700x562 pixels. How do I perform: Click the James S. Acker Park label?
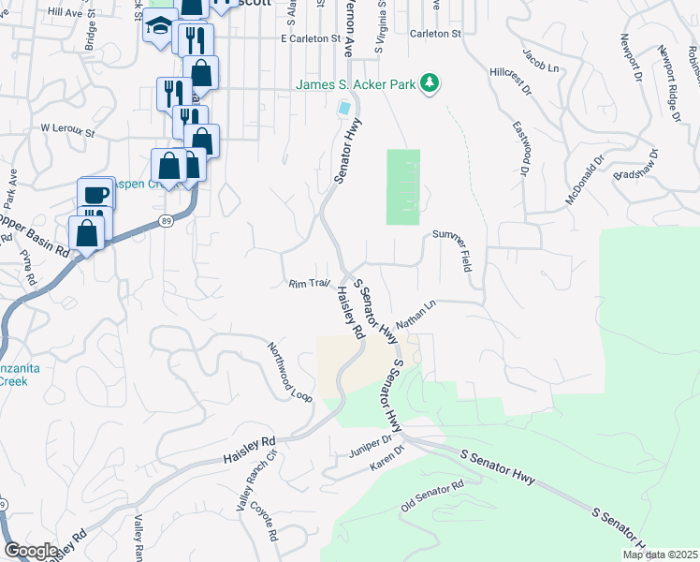356,85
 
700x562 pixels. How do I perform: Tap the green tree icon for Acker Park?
430,84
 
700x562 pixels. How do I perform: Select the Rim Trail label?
310,283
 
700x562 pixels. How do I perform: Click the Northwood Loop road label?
289,371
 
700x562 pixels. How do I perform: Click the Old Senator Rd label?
432,495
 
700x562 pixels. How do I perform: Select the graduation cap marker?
160,26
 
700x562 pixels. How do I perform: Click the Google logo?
31,551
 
